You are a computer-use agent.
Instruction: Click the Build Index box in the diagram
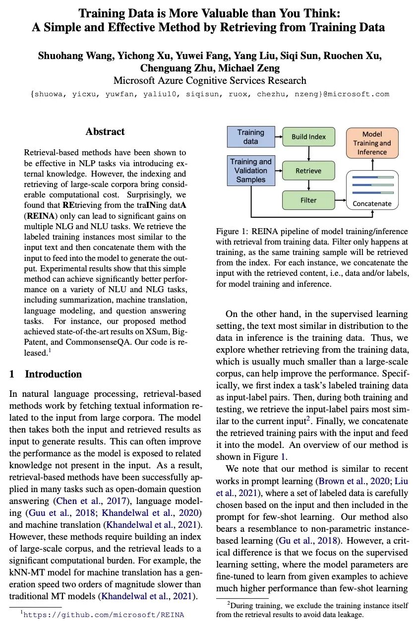pos(308,137)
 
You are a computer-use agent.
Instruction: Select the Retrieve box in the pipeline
pos(308,171)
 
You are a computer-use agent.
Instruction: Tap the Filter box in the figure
pos(308,200)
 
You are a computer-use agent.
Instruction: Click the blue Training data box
pos(250,137)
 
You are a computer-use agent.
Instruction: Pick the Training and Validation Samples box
pos(250,170)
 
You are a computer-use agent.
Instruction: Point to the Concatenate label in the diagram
pos(371,203)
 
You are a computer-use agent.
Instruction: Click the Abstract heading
pos(105,131)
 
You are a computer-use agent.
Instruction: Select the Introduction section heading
pos(53,374)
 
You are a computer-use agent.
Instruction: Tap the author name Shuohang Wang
pos(76,56)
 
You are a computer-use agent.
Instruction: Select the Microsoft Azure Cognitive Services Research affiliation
pos(210,80)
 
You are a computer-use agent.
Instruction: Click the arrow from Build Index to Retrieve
pos(308,153)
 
